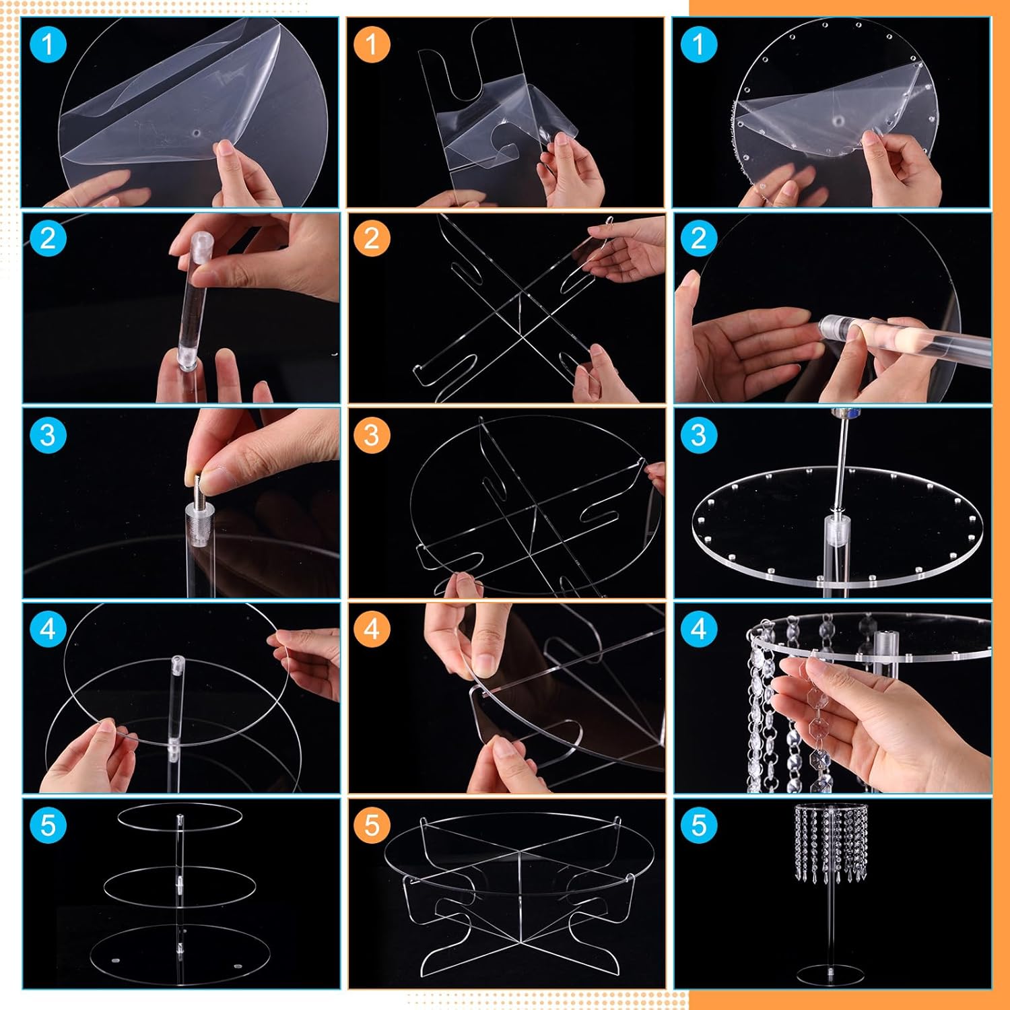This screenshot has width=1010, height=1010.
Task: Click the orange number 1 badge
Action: tap(372, 44)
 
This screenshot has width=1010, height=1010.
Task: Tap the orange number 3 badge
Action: tap(372, 435)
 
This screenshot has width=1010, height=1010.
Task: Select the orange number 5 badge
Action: tap(372, 826)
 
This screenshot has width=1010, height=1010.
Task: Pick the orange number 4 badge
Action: tap(372, 630)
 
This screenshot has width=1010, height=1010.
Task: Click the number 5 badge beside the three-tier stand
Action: tap(48, 826)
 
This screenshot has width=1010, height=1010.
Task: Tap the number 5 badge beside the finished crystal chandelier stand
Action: tap(698, 826)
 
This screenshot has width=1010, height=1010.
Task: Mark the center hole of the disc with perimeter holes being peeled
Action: tap(838, 121)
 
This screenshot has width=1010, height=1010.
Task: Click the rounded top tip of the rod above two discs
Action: tap(178, 661)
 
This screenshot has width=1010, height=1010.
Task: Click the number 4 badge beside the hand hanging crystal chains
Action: tap(698, 630)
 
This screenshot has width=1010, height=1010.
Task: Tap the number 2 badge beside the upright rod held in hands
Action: tap(48, 238)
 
